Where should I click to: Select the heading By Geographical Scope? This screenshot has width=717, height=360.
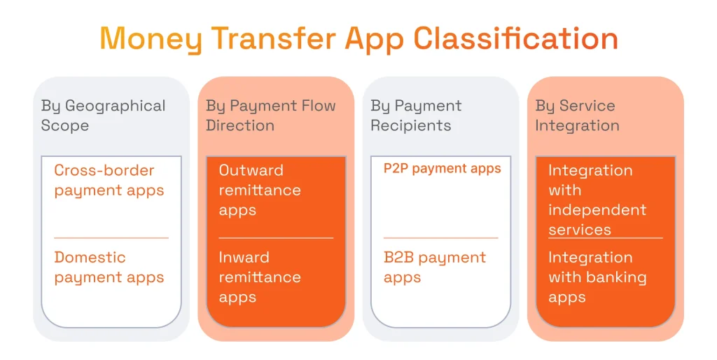[x=103, y=116]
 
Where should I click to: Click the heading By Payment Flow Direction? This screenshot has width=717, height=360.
[x=270, y=116]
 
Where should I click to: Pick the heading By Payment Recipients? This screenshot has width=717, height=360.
[x=416, y=116]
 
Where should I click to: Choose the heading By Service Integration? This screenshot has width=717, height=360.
[x=577, y=116]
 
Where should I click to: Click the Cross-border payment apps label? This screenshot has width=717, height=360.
[x=109, y=180]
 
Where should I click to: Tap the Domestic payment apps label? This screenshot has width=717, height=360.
[x=109, y=268]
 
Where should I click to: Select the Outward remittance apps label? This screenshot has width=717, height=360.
[x=260, y=190]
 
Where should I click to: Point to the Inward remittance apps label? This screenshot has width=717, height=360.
[x=260, y=277]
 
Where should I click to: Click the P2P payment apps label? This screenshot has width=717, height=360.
[x=442, y=169]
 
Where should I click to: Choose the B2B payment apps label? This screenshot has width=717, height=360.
[x=434, y=268]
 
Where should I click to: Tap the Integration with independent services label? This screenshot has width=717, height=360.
[x=597, y=200]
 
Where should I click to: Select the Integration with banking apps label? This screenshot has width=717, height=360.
[x=597, y=277]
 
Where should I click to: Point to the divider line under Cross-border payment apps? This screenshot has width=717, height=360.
[x=111, y=238]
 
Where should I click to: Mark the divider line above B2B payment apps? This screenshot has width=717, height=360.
[x=440, y=238]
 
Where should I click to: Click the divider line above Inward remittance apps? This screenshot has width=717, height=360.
[x=276, y=238]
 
